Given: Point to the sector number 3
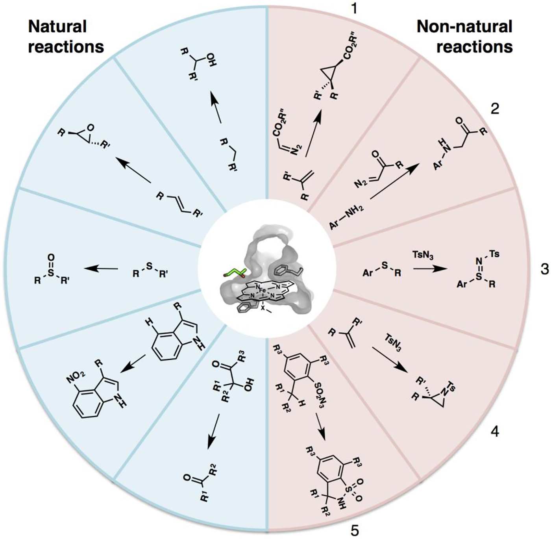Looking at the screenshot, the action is click(x=544, y=270).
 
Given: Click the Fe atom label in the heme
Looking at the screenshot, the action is click(x=262, y=291).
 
